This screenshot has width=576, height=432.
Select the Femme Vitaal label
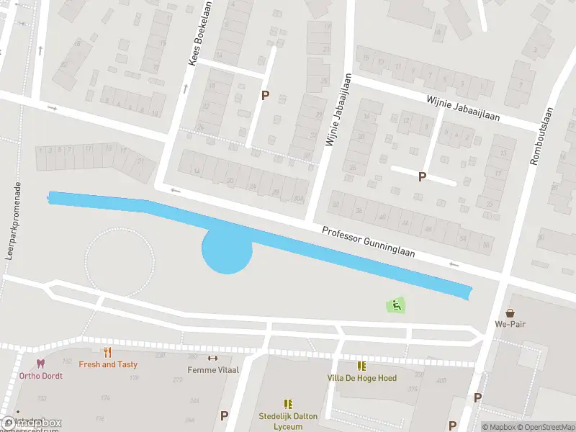[212, 370]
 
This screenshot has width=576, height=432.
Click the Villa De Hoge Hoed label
[361, 378]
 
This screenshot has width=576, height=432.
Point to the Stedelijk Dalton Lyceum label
[288, 420]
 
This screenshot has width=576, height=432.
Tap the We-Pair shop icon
[510, 313]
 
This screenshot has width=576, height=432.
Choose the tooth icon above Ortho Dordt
[40, 364]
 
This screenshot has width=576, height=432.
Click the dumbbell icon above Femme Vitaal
[212, 358]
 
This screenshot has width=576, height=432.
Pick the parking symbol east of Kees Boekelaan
[265, 95]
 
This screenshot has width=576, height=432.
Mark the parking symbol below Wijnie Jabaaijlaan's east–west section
[422, 176]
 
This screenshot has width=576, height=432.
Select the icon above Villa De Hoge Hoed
[361, 366]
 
